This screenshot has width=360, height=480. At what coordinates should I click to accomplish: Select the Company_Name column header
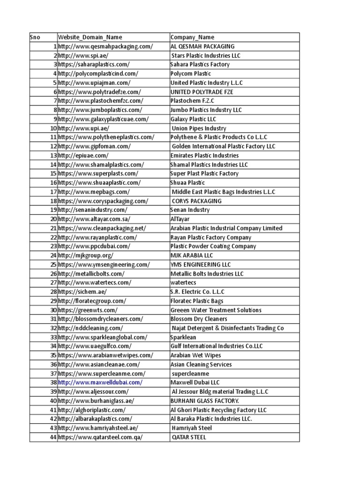(193, 37)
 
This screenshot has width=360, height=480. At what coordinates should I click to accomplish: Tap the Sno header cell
(35, 37)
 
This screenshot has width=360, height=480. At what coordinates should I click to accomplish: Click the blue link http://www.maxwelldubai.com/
(100, 382)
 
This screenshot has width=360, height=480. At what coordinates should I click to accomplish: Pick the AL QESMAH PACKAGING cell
(202, 46)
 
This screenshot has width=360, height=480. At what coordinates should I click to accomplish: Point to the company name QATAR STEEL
(189, 437)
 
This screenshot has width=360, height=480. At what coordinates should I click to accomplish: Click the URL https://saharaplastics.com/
(93, 64)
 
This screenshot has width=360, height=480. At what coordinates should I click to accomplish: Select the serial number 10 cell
(53, 128)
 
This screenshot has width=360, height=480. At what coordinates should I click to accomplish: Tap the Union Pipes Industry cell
(199, 128)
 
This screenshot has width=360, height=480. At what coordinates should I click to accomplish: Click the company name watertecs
(183, 283)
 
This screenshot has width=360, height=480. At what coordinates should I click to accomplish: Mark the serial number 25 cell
(53, 264)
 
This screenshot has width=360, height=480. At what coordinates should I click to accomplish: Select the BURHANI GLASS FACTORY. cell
(205, 401)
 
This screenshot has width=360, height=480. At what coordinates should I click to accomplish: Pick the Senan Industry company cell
(190, 210)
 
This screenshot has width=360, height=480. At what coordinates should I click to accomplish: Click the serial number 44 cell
(53, 437)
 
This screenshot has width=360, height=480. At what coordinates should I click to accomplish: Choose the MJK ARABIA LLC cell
(192, 255)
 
